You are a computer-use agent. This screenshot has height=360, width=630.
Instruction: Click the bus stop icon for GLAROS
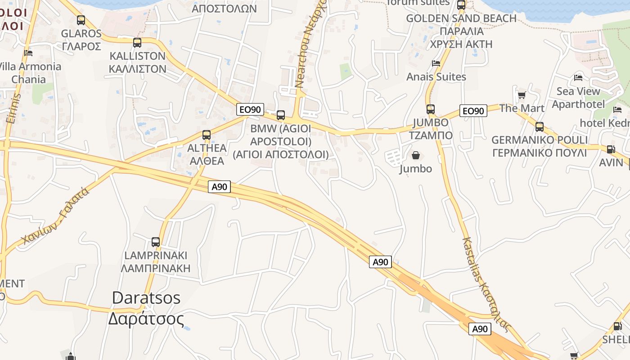pyautogui.click(x=81, y=20)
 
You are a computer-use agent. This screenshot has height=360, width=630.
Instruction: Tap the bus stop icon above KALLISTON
pyautogui.click(x=137, y=43)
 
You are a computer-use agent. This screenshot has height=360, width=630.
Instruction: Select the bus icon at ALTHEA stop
pyautogui.click(x=207, y=135)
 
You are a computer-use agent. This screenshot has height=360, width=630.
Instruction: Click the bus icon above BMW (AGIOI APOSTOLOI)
pyautogui.click(x=281, y=115)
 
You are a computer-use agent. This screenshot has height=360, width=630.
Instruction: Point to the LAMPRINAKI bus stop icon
pyautogui.click(x=156, y=242)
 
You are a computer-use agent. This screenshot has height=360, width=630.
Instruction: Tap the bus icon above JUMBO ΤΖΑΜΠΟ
pyautogui.click(x=431, y=109)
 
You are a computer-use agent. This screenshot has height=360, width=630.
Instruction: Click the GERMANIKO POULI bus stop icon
pyautogui.click(x=540, y=127)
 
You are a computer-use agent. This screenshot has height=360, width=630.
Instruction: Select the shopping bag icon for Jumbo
pyautogui.click(x=416, y=156)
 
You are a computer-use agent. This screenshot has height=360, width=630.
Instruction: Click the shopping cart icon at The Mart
pyautogui.click(x=522, y=95)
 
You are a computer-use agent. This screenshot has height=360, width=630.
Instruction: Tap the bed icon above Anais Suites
pyautogui.click(x=436, y=63)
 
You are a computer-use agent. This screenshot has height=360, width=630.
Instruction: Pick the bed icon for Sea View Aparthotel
pyautogui.click(x=578, y=78)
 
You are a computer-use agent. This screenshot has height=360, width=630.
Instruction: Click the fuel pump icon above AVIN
pyautogui.click(x=611, y=149)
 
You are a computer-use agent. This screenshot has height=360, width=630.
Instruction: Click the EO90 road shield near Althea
pyautogui.click(x=250, y=109)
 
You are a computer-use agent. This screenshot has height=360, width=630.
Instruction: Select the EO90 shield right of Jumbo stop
pyautogui.click(x=473, y=111)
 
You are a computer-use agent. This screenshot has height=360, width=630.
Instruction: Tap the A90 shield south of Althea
pyautogui.click(x=219, y=187)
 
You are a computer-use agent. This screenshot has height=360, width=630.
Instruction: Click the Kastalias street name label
pyautogui.click(x=486, y=283)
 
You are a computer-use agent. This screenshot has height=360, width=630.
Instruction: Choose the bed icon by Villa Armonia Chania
pyautogui.click(x=28, y=53)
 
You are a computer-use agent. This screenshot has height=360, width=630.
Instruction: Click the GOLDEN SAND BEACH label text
pyautogui.click(x=461, y=18)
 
